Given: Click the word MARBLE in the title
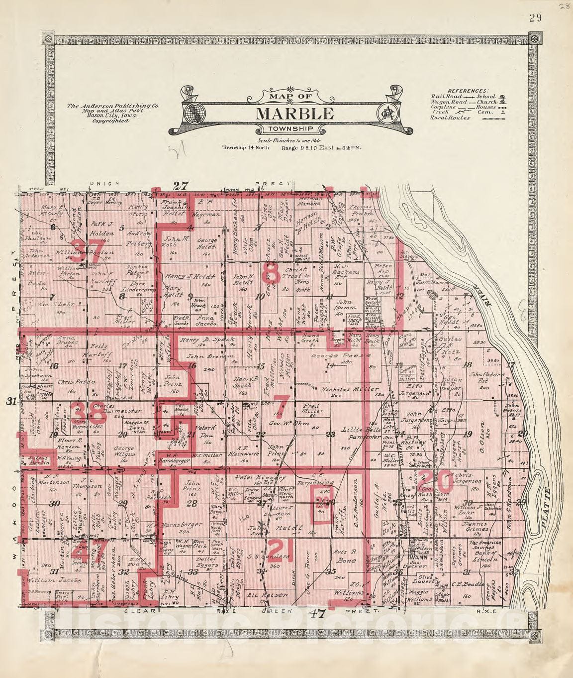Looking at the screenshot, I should coord(294,113).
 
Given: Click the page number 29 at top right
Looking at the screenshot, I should coord(535,18).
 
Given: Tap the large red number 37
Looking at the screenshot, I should coord(88,248).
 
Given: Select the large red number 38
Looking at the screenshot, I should coord(88,412).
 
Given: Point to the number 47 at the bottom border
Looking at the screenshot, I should coord(316,613).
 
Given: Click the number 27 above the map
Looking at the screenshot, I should coord(182,186).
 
